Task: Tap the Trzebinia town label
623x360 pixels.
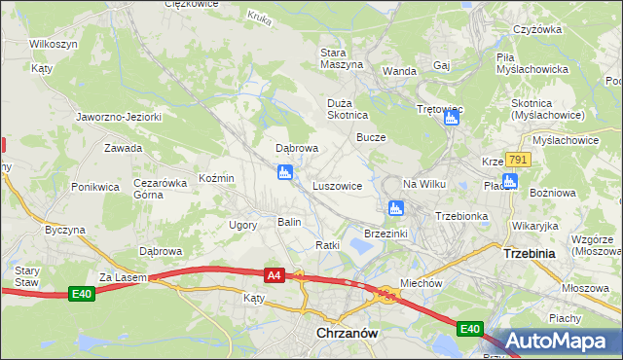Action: (529, 252)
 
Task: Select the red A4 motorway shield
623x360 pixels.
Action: (275, 276)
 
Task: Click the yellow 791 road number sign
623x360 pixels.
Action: (518, 161)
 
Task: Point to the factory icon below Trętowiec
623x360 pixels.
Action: (451, 118)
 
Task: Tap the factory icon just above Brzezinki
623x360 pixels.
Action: (396, 207)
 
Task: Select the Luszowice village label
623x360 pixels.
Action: (338, 185)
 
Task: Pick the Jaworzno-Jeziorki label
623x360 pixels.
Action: (119, 117)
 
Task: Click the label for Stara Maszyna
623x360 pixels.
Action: (342, 57)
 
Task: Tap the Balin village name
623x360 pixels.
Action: (290, 222)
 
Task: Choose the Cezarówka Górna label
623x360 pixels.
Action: (161, 188)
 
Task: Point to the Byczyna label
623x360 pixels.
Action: (65, 230)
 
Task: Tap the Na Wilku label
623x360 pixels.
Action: (423, 184)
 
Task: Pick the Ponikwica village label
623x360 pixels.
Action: (94, 185)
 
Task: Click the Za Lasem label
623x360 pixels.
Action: (122, 277)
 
